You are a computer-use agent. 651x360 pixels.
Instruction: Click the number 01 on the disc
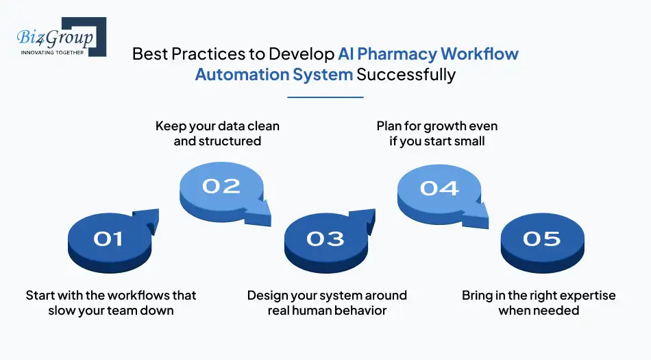[108, 238]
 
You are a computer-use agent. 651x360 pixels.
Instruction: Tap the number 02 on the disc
[221, 186]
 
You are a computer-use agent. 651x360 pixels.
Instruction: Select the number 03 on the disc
[325, 238]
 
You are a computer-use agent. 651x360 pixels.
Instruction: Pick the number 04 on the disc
[439, 187]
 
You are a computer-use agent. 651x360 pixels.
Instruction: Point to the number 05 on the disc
[541, 238]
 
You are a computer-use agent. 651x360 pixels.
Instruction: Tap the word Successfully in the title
[406, 75]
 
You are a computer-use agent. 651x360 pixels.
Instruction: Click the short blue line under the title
[325, 97]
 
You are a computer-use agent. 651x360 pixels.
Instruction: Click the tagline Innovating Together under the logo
[53, 52]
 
